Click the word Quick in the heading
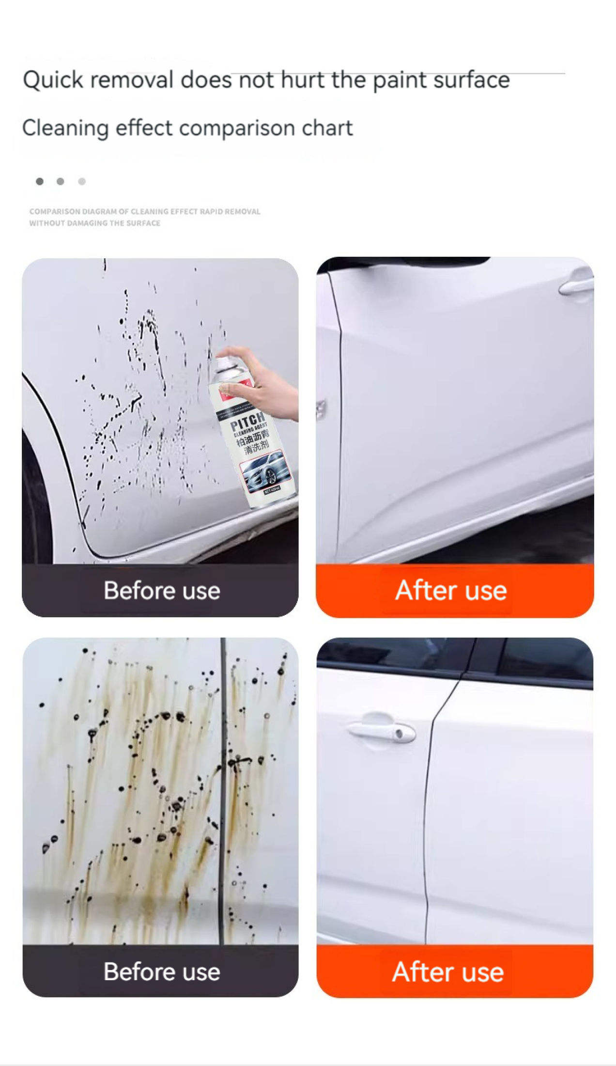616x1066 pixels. (x=53, y=80)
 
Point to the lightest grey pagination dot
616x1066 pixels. (x=82, y=181)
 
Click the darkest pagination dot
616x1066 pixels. (x=40, y=181)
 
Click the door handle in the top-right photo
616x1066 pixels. (x=576, y=287)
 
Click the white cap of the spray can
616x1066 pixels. (x=224, y=364)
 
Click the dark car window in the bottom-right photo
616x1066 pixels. (x=542, y=659)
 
